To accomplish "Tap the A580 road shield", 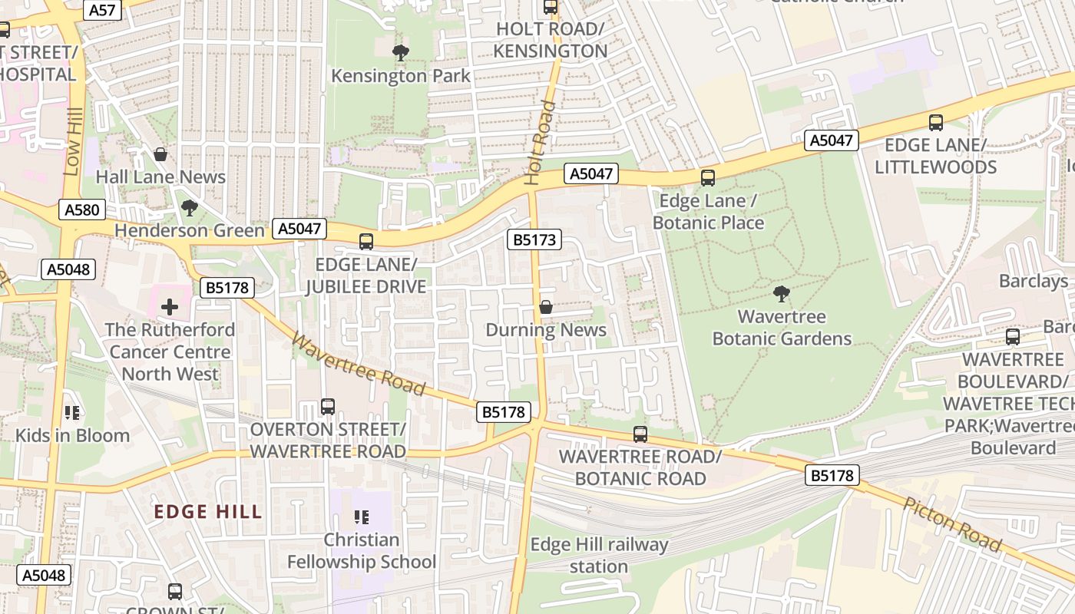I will (82, 210).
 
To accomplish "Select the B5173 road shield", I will (534, 240).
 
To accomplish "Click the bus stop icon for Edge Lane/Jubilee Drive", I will (366, 242).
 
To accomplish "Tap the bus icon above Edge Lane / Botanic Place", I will (708, 178).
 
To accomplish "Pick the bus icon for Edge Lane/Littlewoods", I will (935, 122).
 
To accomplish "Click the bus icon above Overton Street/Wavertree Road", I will (328, 406).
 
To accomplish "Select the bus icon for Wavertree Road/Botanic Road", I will (640, 434).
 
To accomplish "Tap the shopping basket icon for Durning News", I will (546, 307).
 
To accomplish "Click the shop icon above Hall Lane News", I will (160, 154).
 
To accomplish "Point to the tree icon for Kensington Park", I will (400, 53).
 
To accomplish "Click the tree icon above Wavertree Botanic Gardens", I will (782, 293).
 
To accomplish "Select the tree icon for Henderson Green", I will (189, 207).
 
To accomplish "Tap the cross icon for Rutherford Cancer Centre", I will (170, 307).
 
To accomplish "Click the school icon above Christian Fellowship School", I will (362, 517).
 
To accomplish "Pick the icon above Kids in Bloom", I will (73, 413).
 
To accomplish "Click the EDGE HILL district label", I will (208, 512).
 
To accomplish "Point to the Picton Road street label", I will (952, 525).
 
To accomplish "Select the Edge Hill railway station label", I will (599, 556).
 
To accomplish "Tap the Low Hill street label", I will (73, 146).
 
